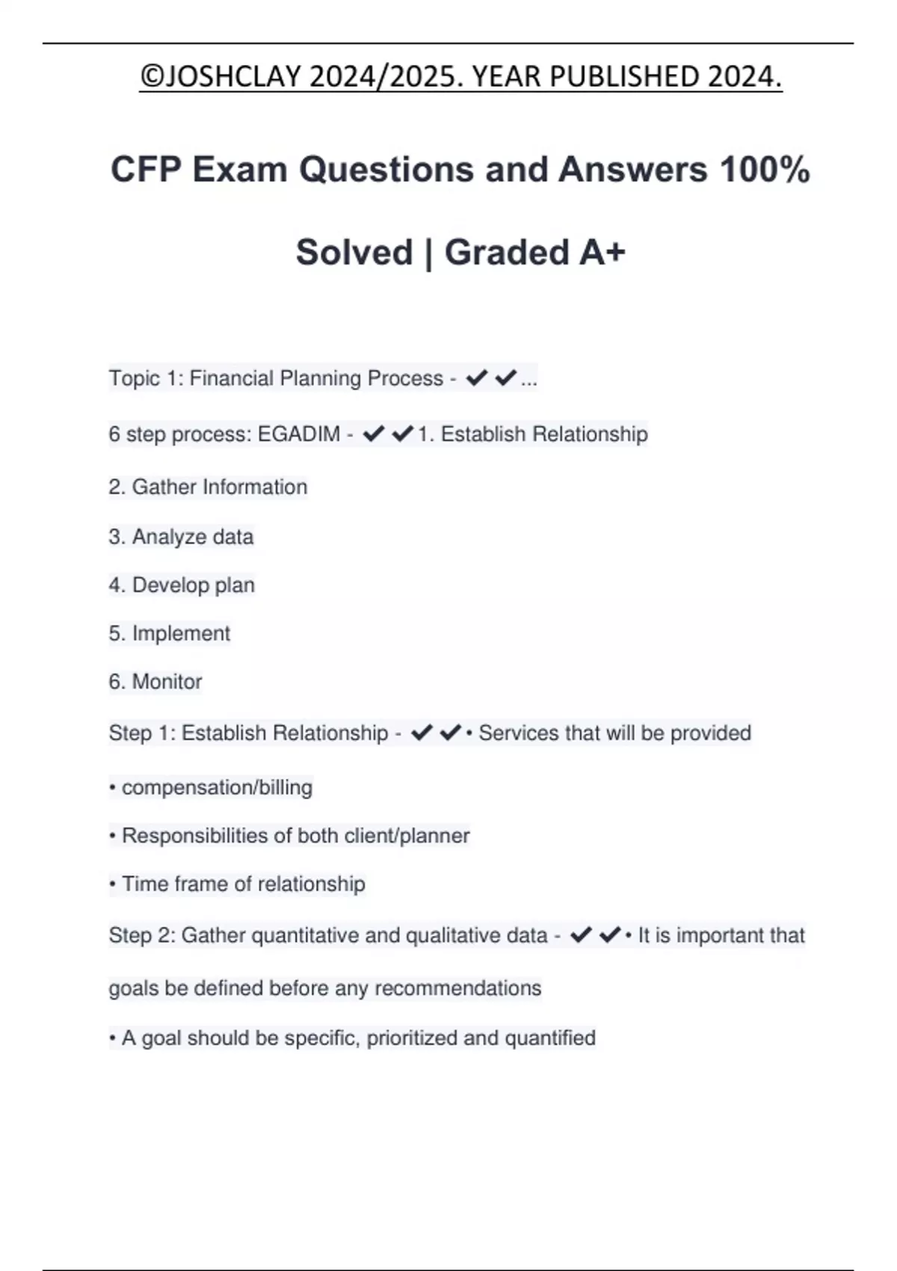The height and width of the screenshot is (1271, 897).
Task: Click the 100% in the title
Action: click(765, 169)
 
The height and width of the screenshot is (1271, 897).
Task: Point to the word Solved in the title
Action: click(354, 252)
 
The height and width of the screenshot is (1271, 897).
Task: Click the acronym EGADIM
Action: click(299, 434)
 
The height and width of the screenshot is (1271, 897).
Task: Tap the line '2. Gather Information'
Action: click(208, 487)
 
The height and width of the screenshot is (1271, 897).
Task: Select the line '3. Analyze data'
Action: click(181, 537)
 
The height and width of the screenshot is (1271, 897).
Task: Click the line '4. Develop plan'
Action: click(182, 585)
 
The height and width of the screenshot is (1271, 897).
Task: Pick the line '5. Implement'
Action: click(170, 634)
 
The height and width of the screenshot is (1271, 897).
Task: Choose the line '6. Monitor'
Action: click(155, 682)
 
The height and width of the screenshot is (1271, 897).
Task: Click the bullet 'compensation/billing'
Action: click(217, 788)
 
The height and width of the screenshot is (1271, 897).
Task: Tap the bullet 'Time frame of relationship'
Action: click(243, 884)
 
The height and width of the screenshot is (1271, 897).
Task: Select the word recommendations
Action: click(457, 988)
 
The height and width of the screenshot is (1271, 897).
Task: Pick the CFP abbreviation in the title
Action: click(146, 169)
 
